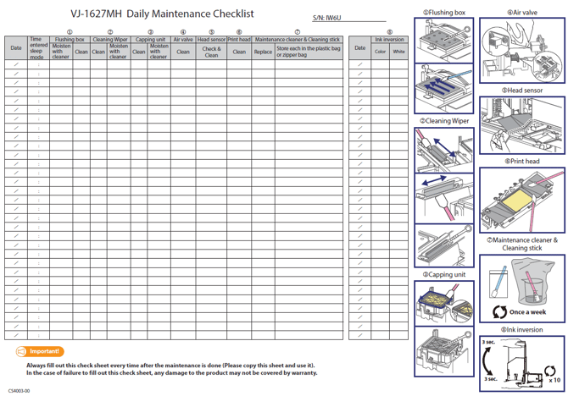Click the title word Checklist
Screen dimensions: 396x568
(x=225, y=14)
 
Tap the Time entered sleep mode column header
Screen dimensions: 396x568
(x=37, y=47)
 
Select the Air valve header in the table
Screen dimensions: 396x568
(x=183, y=40)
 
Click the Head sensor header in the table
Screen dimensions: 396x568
(x=211, y=40)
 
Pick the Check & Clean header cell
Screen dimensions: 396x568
(x=211, y=52)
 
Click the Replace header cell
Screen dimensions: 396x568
(x=264, y=52)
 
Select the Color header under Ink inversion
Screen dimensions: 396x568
(x=381, y=52)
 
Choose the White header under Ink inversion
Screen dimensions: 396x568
(x=398, y=52)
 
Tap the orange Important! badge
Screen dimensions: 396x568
(x=40, y=351)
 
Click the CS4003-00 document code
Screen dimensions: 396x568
(x=19, y=391)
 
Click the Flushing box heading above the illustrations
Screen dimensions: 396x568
(x=447, y=13)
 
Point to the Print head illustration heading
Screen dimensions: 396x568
(x=521, y=161)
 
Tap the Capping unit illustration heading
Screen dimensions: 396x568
(x=444, y=274)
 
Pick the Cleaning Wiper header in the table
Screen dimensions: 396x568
(x=110, y=40)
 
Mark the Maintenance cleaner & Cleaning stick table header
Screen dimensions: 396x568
(x=297, y=40)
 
